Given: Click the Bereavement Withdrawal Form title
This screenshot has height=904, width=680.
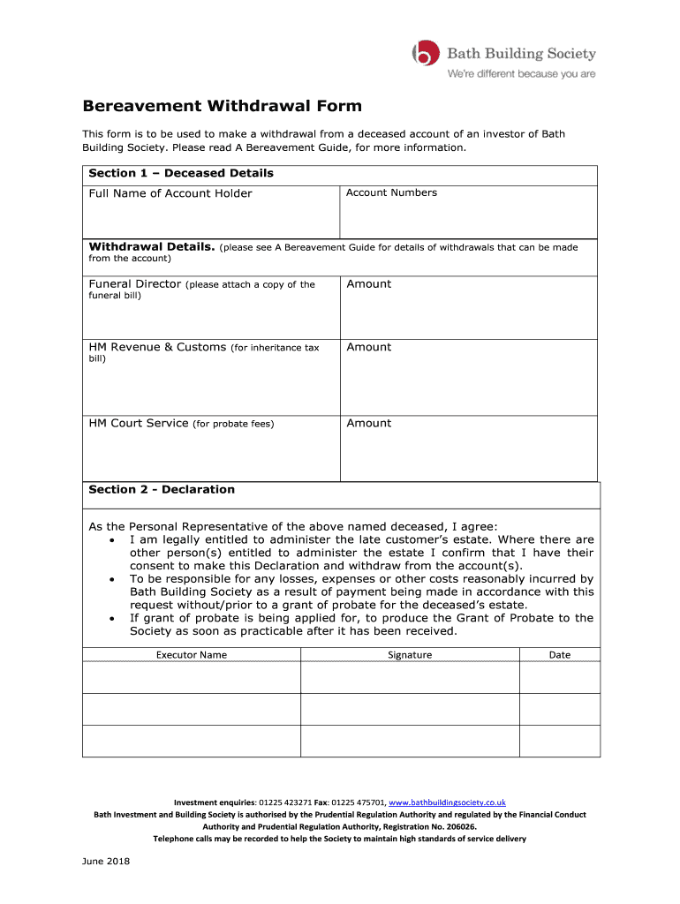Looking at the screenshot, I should [x=223, y=106].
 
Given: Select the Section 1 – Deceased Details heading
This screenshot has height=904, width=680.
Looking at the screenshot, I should [x=181, y=173].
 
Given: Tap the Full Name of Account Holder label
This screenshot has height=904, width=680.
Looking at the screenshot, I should [x=170, y=193].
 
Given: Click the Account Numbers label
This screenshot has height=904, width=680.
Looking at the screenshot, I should [x=391, y=192].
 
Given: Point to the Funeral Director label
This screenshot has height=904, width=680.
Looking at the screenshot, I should [x=135, y=284].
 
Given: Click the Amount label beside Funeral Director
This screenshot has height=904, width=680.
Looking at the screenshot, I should [x=368, y=284].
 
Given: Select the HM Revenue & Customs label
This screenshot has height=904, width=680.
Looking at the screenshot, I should [x=157, y=348].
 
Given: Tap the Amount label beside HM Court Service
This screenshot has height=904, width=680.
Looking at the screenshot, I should [x=368, y=424].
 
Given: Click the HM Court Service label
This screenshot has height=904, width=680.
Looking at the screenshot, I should [x=139, y=424].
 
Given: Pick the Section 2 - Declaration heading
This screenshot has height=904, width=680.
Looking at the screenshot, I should [x=162, y=490].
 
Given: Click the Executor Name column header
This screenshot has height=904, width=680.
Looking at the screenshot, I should [x=192, y=655].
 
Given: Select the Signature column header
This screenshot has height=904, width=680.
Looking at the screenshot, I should [x=410, y=655].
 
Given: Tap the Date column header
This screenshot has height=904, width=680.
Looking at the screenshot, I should [x=560, y=655].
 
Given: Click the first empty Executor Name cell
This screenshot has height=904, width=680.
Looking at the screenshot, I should [x=192, y=677].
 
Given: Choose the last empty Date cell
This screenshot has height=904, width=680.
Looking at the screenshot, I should [x=560, y=741].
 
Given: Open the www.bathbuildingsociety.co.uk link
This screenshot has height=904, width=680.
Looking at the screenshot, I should [x=448, y=802].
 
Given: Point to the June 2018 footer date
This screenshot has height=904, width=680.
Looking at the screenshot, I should [x=107, y=862].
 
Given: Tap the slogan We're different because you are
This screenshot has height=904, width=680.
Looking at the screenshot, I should [x=521, y=74].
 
